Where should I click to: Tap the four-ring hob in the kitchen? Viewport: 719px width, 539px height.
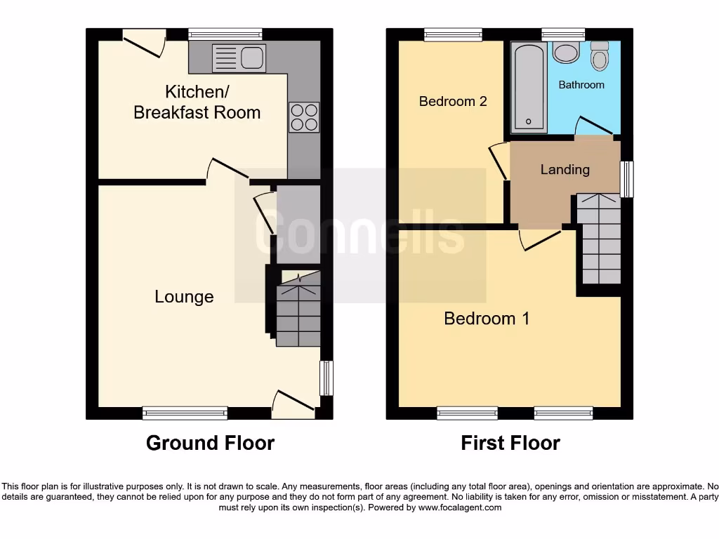(303, 117)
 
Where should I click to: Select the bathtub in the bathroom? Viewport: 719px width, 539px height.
(529, 87)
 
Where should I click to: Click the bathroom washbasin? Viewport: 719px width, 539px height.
(564, 52)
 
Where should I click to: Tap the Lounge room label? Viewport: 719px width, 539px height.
(184, 297)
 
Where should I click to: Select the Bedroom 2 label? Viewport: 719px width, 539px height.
(453, 101)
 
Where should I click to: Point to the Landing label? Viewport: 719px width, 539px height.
(565, 169)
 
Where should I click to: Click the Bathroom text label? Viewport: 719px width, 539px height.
(581, 85)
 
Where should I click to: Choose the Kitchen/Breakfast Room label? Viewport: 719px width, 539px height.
(197, 102)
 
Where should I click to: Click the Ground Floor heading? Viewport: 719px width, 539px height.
(210, 443)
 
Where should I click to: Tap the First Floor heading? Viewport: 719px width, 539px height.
(510, 443)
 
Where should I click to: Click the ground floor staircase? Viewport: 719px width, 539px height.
(298, 310)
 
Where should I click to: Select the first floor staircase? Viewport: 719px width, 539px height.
(599, 239)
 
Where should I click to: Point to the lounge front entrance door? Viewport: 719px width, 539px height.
(293, 405)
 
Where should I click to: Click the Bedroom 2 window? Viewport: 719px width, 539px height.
(453, 34)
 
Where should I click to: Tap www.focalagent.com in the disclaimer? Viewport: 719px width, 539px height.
(459, 507)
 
